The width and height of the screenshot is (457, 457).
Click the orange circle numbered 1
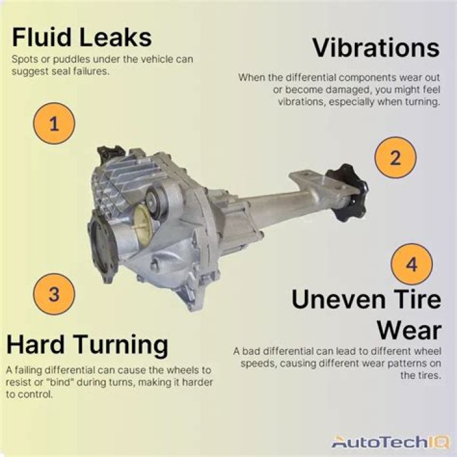click(54, 124)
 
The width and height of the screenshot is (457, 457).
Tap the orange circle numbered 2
click(395, 157)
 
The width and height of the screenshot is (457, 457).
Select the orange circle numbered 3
click(54, 294)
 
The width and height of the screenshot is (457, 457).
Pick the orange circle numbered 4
click(412, 264)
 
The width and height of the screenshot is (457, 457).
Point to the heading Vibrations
click(376, 48)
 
